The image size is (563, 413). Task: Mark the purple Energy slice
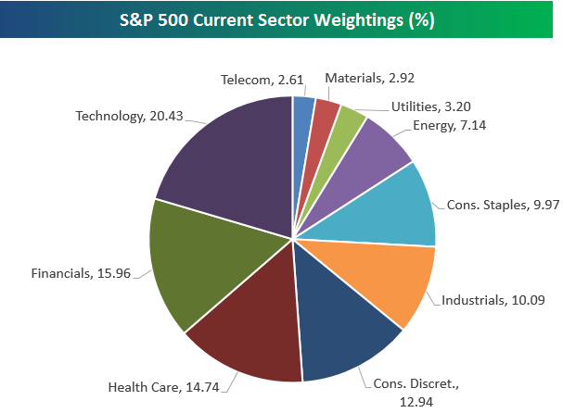tap(366, 153)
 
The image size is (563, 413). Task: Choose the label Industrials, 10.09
tap(488, 300)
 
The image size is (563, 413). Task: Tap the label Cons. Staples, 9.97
tap(504, 204)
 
